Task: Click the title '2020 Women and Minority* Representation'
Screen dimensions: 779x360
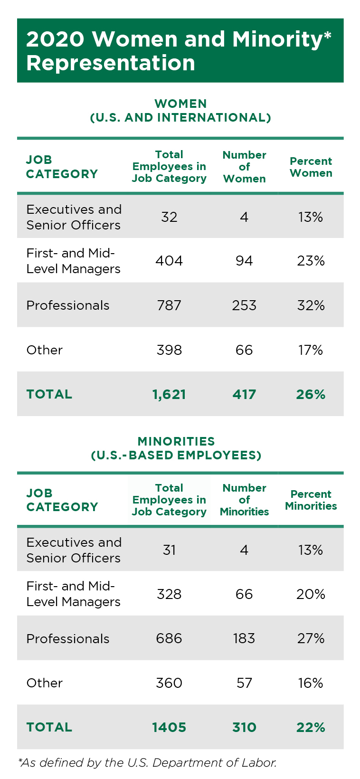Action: [179, 51]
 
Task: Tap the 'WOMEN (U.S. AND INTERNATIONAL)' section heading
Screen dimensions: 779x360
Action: [180, 111]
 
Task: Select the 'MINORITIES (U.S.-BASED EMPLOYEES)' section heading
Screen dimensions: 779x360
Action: [176, 448]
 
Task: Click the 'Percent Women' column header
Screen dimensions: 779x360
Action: [311, 167]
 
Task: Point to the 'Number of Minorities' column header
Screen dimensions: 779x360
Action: [244, 500]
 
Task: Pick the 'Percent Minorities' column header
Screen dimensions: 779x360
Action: [311, 500]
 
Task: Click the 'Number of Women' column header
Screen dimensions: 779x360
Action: [244, 167]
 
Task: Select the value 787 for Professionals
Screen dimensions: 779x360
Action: [169, 305]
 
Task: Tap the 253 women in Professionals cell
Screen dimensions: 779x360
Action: [244, 305]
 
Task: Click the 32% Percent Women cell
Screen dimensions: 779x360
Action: [311, 305]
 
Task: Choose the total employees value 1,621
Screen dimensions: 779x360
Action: [169, 394]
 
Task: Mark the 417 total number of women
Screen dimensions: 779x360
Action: [244, 394]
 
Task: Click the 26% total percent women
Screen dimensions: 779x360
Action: [311, 394]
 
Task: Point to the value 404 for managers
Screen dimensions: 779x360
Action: [169, 261]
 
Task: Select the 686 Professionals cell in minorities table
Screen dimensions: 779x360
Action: [169, 638]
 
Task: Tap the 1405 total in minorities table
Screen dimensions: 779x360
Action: [169, 727]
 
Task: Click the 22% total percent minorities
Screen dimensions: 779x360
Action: [311, 727]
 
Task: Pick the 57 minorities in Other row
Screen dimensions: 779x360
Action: [244, 683]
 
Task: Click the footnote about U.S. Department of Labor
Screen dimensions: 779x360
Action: [147, 763]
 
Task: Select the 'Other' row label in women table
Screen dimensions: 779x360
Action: [45, 350]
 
